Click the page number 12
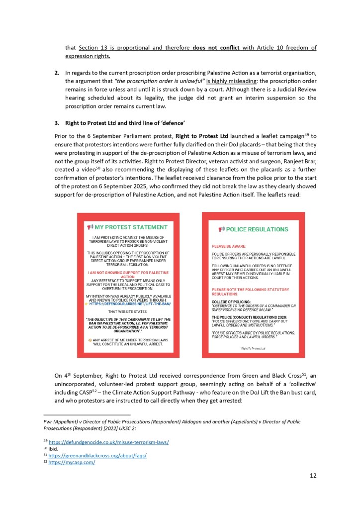tap(313, 475)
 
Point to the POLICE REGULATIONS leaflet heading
tap(257, 229)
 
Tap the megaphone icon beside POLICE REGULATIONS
tap(222, 229)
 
